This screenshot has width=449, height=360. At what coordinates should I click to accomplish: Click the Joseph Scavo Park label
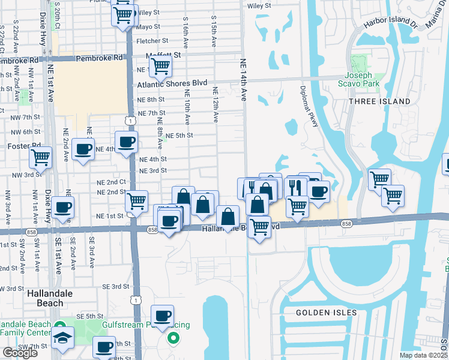362,80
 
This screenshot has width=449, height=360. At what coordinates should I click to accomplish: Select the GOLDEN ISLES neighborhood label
326,313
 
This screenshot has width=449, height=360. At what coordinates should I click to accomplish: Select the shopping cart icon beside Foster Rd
40,157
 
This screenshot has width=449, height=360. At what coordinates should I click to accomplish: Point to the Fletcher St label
148,41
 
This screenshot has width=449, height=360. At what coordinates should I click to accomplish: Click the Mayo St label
148,27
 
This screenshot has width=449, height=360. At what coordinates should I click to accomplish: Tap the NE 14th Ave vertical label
244,80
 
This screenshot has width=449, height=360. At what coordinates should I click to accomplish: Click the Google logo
20,353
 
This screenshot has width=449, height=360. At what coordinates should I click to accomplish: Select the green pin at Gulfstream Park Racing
173,338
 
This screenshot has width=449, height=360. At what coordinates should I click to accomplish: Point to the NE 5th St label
179,136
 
